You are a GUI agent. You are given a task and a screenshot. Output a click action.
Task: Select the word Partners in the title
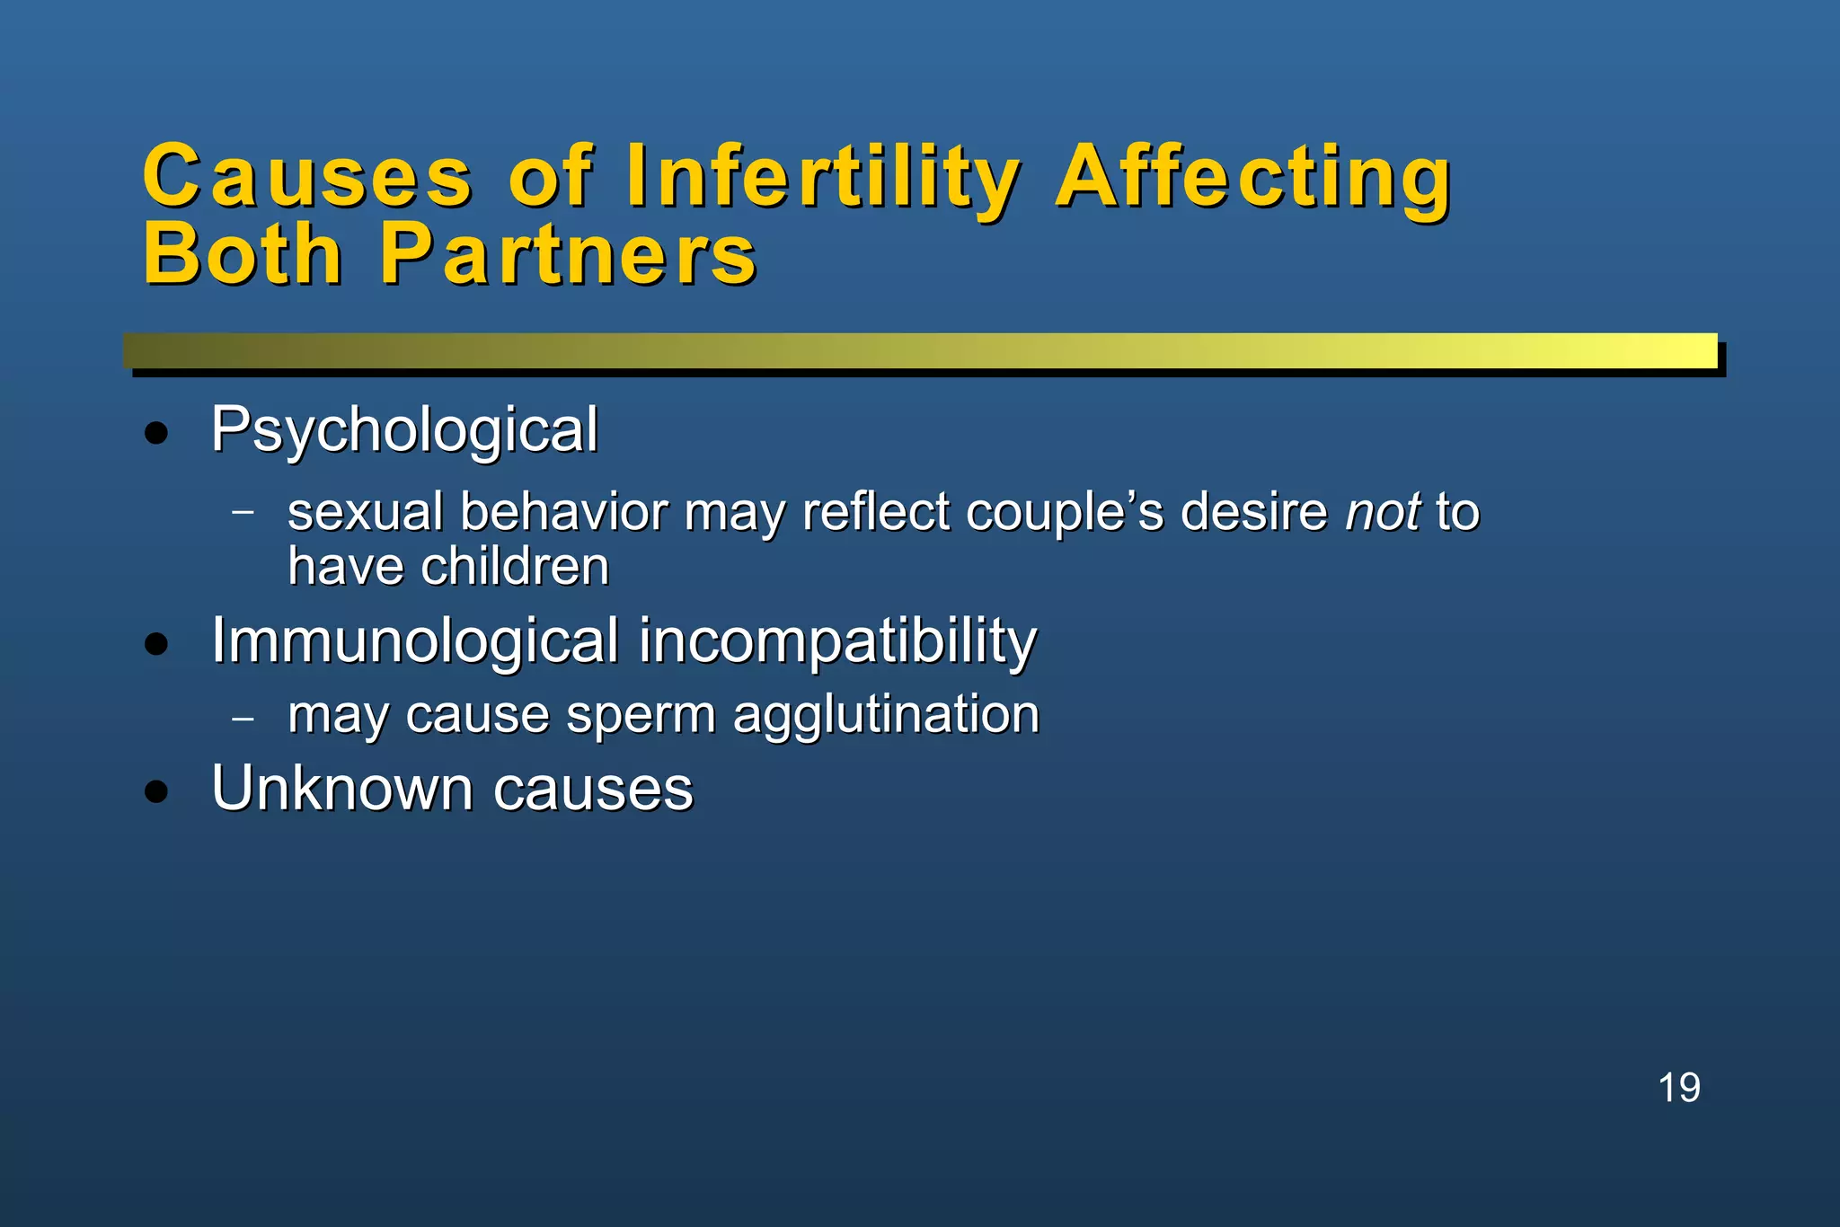click(569, 255)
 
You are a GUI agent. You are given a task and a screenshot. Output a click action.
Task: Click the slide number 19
click(1678, 1088)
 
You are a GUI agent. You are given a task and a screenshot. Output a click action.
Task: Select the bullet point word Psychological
click(404, 430)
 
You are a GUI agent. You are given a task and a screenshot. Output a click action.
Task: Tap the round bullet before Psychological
click(156, 434)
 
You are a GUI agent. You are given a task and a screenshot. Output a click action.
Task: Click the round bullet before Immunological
click(156, 644)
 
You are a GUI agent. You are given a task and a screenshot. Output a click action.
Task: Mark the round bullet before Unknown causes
click(156, 791)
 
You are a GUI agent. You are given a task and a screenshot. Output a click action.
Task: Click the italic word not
click(1383, 512)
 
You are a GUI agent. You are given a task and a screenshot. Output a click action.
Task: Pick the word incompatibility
click(837, 642)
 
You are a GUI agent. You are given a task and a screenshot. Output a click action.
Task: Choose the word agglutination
click(886, 715)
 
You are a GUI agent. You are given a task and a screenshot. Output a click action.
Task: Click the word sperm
click(641, 717)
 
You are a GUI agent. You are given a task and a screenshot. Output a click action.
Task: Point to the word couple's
click(1065, 513)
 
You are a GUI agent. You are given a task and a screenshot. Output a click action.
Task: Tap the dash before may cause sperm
click(243, 719)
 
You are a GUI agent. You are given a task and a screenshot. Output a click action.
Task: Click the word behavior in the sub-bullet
click(564, 512)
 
